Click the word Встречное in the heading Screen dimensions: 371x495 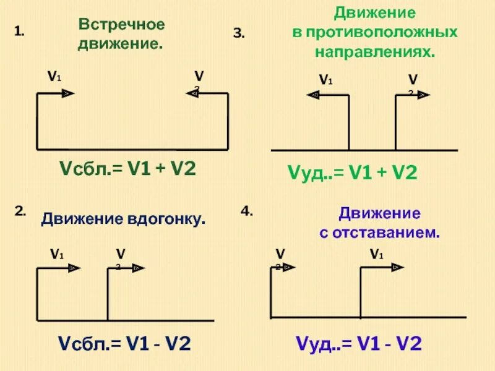pos(121,25)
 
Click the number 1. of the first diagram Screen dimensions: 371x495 pos(19,31)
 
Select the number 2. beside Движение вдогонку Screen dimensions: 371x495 pos(20,211)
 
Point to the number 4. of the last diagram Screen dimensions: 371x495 pos(246,211)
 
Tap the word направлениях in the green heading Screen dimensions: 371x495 pos(375,52)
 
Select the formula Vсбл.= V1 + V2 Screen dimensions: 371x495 pos(127,168)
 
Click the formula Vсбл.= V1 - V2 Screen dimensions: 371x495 pos(124,343)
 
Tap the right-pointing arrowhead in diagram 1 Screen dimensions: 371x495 pos(67,93)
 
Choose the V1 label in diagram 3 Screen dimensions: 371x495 pos(325,80)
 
